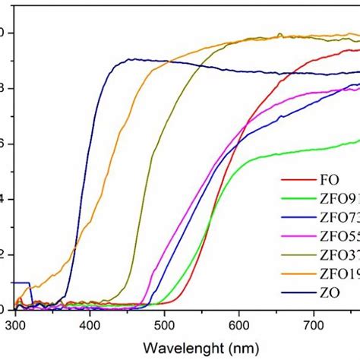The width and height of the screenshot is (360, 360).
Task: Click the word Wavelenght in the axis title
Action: tap(159, 346)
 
